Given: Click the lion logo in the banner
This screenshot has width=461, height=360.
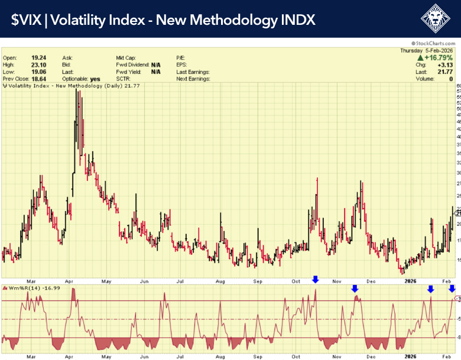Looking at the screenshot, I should [436, 19].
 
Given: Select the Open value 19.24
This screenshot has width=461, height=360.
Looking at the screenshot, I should [38, 57].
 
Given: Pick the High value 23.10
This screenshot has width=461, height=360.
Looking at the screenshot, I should [38, 64].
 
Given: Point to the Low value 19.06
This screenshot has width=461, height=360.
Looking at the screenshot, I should [38, 72].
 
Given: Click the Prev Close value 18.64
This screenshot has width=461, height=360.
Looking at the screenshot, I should [38, 79].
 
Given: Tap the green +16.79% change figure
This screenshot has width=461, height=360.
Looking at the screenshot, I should [438, 58].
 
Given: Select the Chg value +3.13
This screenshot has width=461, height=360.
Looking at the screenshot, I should [444, 65].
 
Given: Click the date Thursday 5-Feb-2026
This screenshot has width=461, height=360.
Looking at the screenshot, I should [426, 51].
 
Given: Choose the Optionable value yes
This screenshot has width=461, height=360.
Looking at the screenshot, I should [95, 79].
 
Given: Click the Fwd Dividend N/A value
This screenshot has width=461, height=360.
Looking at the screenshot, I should [156, 64].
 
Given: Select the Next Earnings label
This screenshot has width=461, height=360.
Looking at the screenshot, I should [193, 79].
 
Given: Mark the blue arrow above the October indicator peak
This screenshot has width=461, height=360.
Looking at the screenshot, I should [316, 279].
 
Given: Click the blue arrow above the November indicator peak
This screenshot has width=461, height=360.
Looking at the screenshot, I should [355, 288].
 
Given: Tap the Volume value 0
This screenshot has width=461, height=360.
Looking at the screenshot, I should [451, 79].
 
